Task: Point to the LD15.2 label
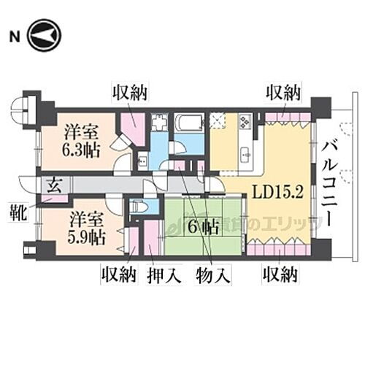(279, 193)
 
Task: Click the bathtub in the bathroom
(189, 123)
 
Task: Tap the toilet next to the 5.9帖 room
(140, 207)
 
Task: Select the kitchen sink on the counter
(245, 154)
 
